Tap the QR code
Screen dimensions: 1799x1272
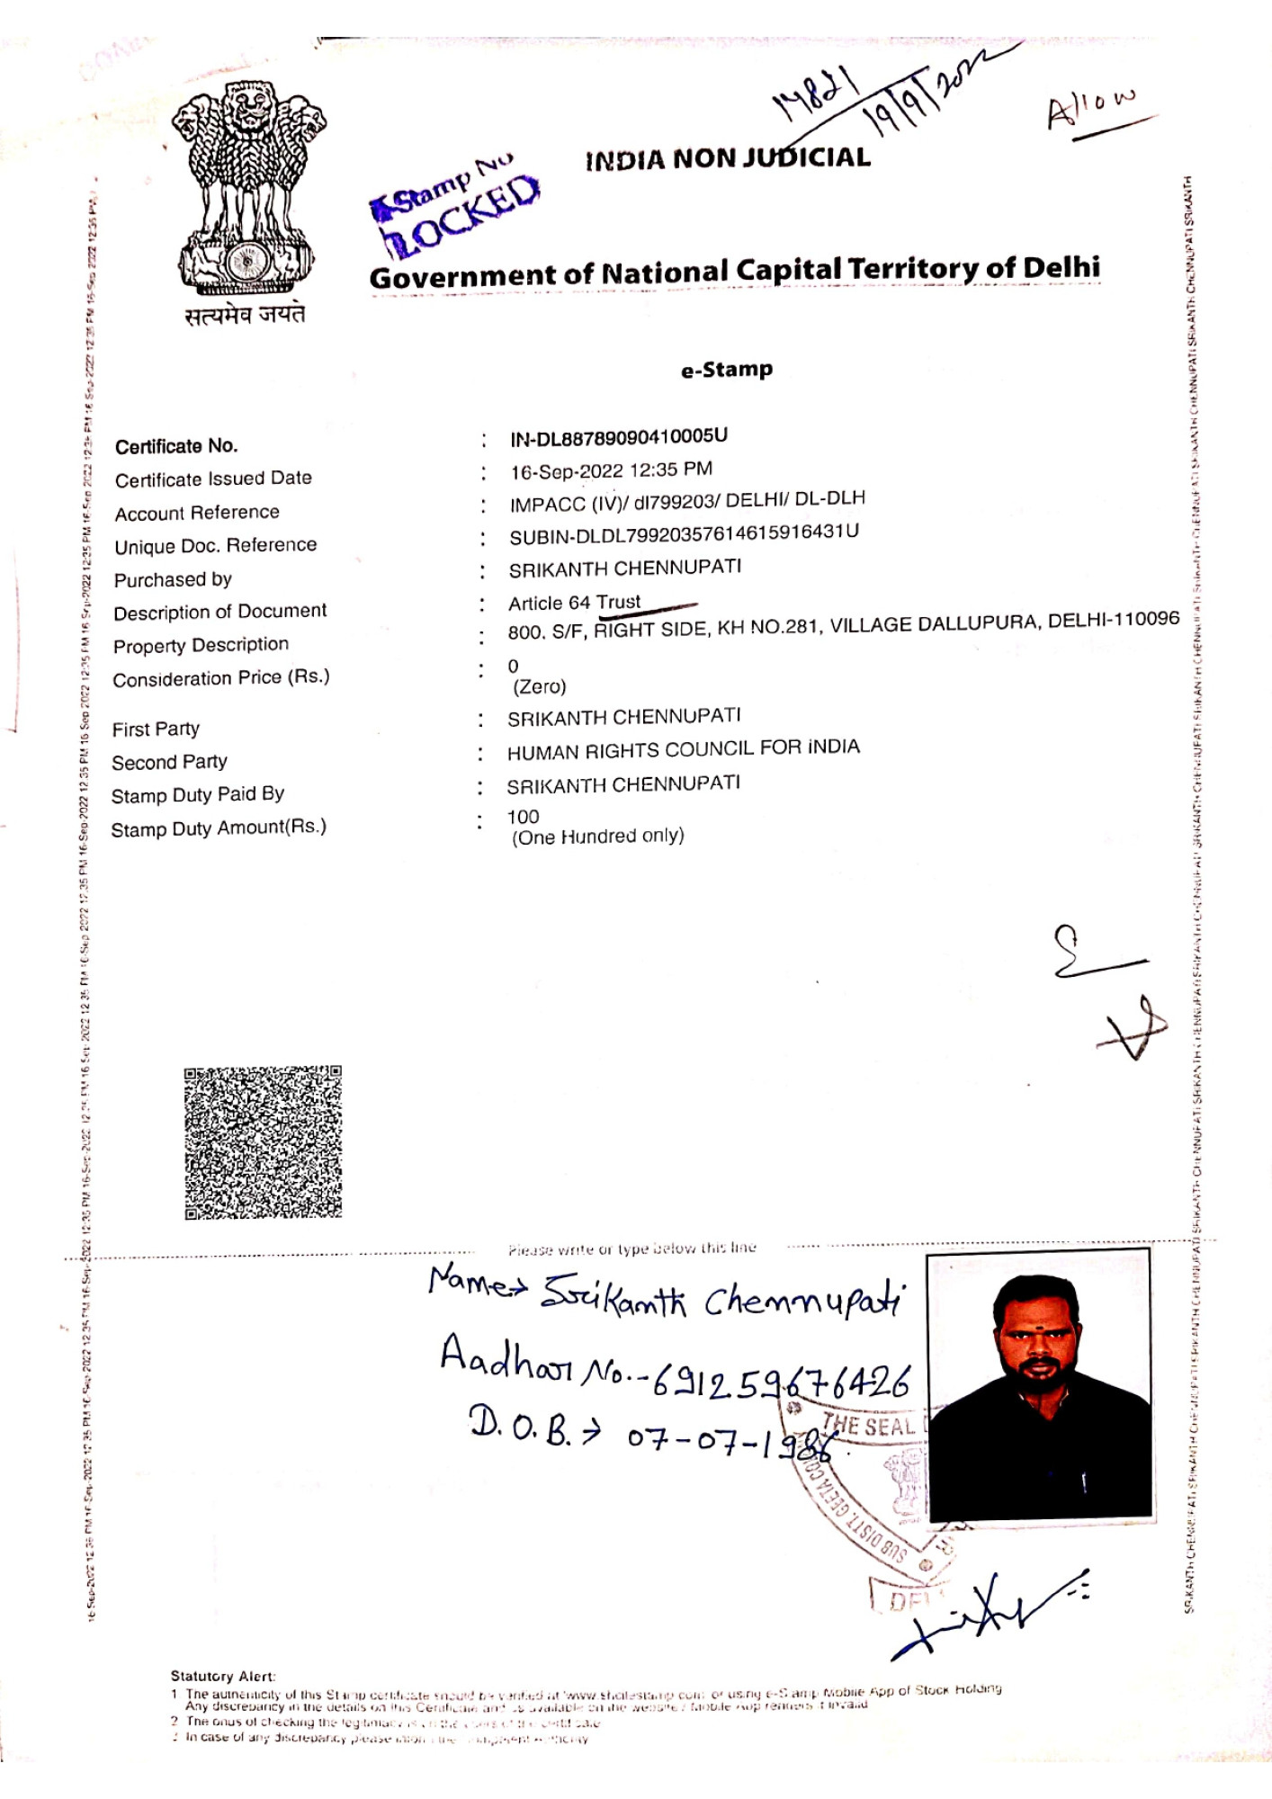coord(263,1142)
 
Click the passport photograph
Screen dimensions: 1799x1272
coord(1039,1385)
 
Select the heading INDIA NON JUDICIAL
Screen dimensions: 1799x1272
coord(727,159)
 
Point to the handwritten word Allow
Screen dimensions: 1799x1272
coord(1091,110)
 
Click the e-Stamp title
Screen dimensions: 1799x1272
coord(727,370)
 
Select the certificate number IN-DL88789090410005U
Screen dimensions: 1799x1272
coord(619,438)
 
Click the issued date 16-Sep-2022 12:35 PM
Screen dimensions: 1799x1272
coord(611,470)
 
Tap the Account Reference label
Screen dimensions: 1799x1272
coord(197,513)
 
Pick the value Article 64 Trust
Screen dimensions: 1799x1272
coord(575,602)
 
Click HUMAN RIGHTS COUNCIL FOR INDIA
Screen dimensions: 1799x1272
coord(683,749)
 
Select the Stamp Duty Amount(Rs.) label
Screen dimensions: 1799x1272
coord(219,828)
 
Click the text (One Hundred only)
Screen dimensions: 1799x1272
coord(598,837)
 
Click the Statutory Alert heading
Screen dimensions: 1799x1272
coord(223,1676)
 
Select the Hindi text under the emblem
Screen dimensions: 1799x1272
coord(246,315)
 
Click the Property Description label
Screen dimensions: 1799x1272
coord(201,646)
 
